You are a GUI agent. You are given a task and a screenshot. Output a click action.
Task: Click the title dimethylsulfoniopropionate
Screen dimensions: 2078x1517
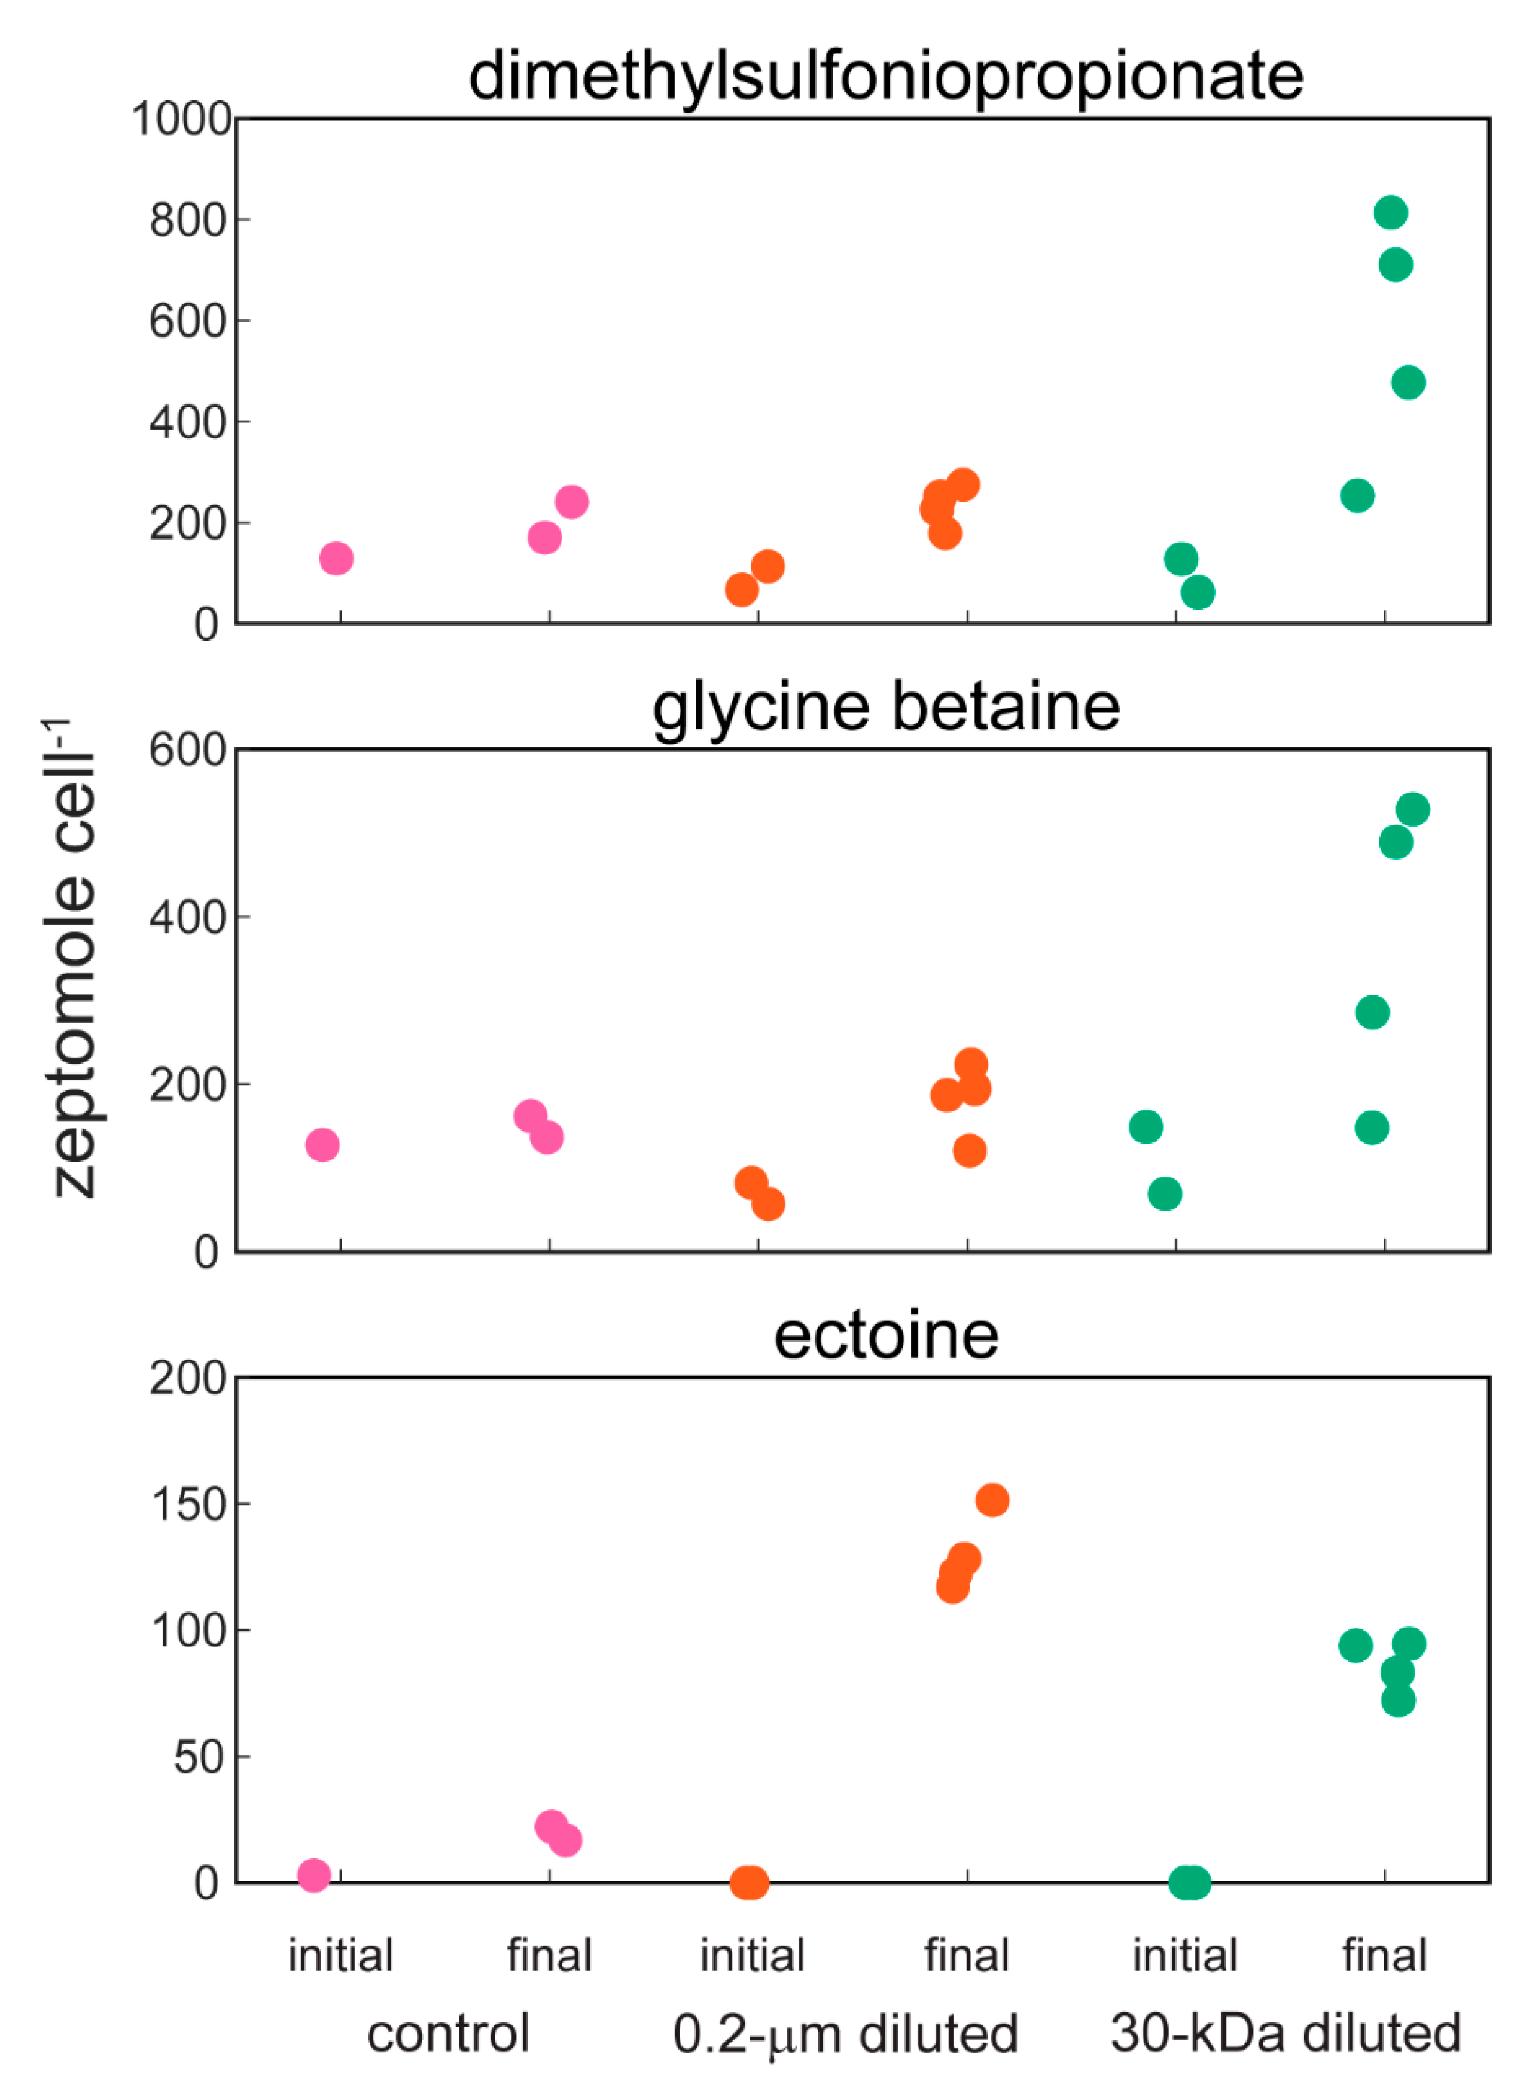point(885,75)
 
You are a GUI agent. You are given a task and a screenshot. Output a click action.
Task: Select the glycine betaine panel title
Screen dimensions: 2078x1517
point(885,707)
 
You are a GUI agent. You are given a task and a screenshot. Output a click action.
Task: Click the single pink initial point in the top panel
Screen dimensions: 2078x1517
point(336,558)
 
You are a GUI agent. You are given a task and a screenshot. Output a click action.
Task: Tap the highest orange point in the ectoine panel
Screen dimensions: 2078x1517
point(992,1500)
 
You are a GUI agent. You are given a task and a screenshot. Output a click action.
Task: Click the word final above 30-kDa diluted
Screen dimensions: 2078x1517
point(1384,1955)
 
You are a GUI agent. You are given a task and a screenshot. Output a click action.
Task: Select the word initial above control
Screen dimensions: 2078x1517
point(341,1955)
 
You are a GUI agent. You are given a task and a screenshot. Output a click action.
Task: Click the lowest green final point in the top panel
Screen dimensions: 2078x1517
point(1357,496)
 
